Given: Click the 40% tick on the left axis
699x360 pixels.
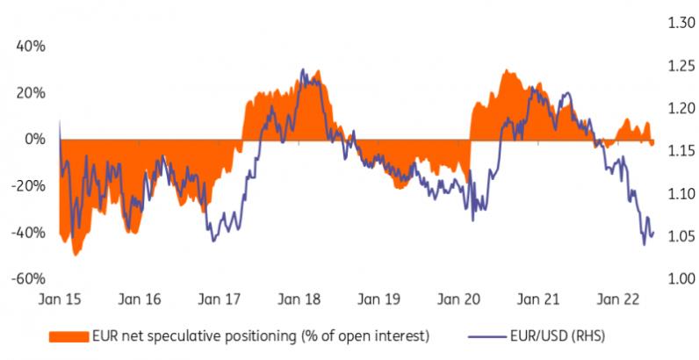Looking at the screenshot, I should point(32,47).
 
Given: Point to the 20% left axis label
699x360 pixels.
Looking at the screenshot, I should point(32,92).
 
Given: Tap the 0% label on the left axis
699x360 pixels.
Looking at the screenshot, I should point(36,139).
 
